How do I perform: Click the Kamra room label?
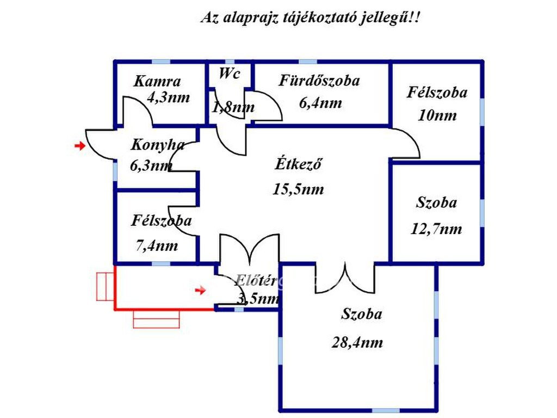157,82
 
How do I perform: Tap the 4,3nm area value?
169,98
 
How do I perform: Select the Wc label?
229,74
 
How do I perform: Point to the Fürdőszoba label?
319,81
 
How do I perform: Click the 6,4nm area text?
320,103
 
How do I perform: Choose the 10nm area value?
437,115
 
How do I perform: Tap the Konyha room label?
158,145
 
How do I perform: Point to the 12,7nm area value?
436,229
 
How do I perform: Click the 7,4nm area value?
156,245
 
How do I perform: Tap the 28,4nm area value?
357,342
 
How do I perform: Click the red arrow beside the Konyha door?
80,146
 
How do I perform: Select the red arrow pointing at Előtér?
201,291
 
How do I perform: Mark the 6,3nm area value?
151,166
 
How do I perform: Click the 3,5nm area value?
258,298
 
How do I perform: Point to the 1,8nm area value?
233,108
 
